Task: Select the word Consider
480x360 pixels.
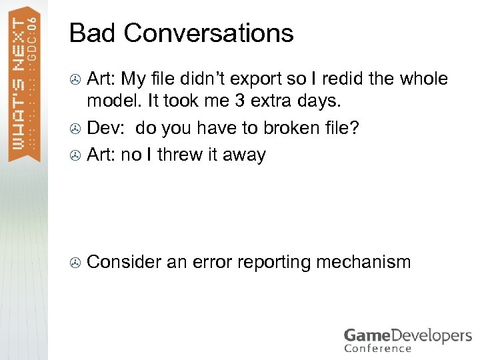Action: click(124, 262)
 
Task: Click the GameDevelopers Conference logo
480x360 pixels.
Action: click(407, 339)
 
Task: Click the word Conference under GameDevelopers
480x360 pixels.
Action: click(377, 349)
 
